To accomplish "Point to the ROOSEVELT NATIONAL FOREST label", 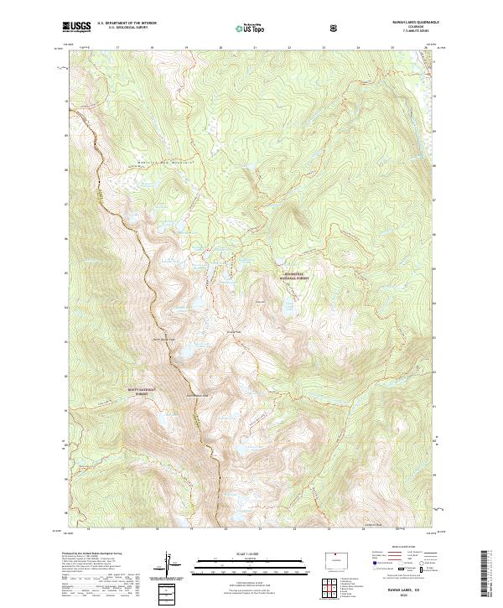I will point(292,277).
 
